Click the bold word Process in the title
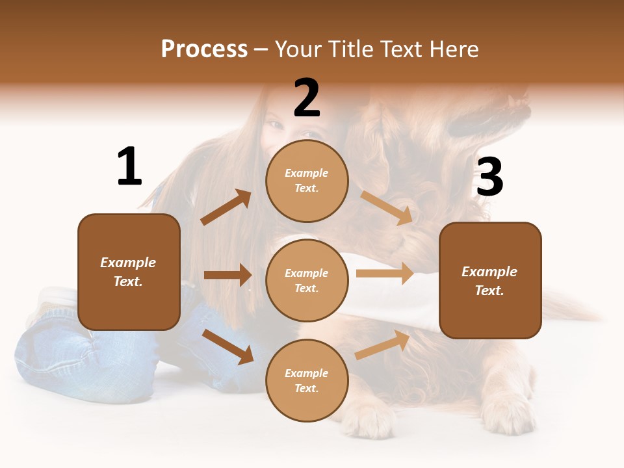(204, 49)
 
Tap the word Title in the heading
(350, 49)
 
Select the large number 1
(129, 167)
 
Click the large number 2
(307, 98)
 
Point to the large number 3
(489, 177)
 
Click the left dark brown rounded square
(129, 272)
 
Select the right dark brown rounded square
(490, 281)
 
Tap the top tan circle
(307, 181)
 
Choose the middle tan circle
(307, 280)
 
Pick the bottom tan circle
(307, 380)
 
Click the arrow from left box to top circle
(226, 207)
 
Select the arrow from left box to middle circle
(227, 275)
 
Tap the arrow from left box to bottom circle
(228, 346)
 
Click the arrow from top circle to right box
(386, 207)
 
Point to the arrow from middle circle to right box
(385, 273)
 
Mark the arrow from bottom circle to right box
(382, 345)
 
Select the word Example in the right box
(489, 272)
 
